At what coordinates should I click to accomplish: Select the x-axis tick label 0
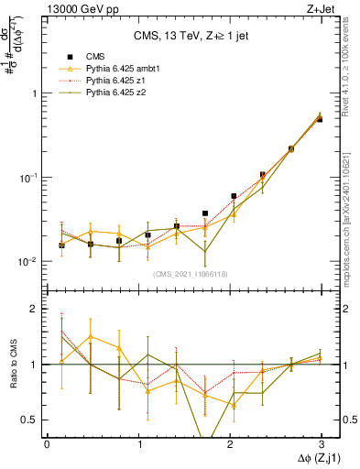pyautogui.click(x=47, y=443)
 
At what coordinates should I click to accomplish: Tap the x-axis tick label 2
pyautogui.click(x=229, y=443)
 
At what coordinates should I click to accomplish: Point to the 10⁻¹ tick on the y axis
pyautogui.click(x=30, y=178)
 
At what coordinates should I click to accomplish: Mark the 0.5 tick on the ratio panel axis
pyautogui.click(x=30, y=420)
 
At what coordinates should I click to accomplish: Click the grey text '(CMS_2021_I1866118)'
pyautogui.click(x=191, y=273)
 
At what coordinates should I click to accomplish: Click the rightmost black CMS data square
pyautogui.click(x=319, y=119)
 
